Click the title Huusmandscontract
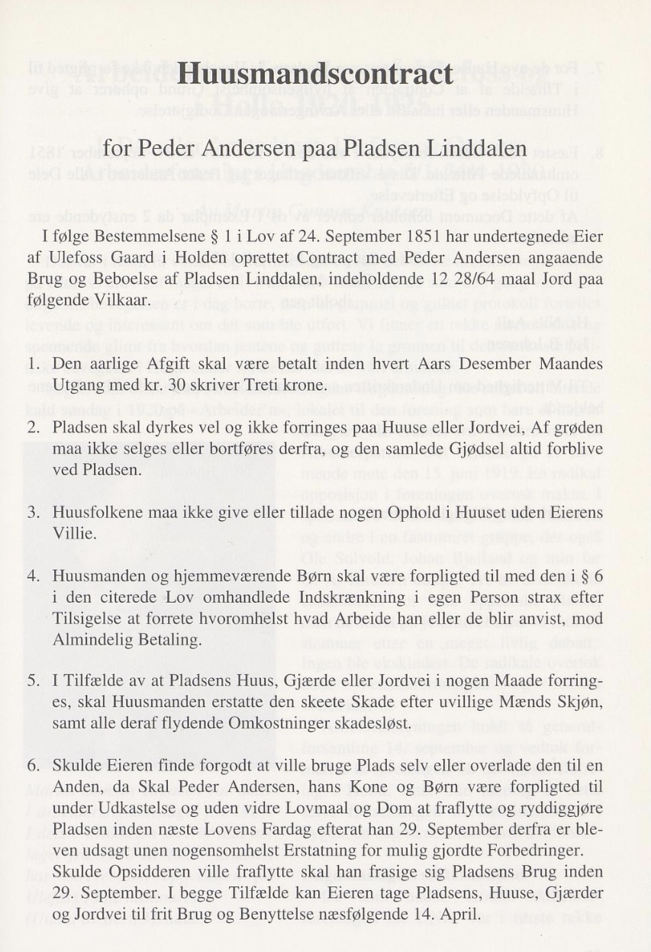coord(315,76)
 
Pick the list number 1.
coord(33,363)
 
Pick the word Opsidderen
coord(141,870)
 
